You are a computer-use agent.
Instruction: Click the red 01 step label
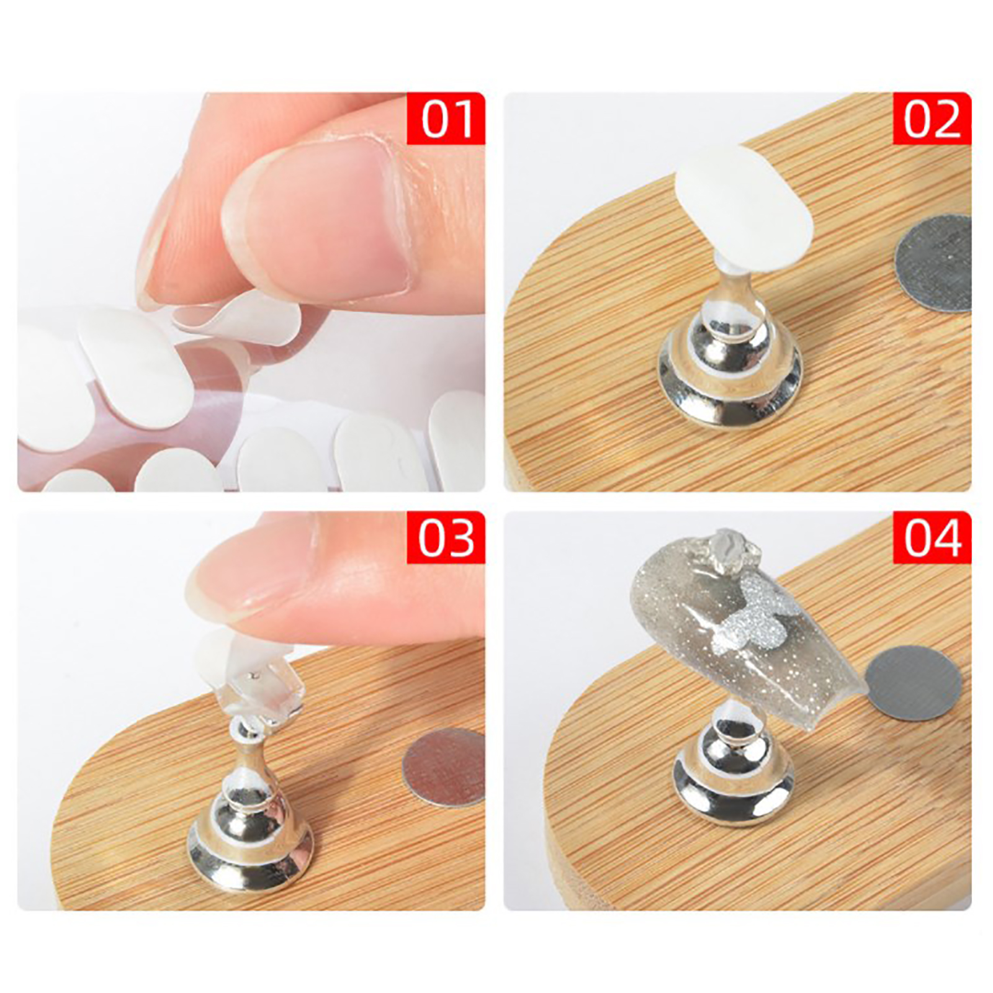click(446, 119)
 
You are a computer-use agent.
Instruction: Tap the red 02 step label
click(932, 119)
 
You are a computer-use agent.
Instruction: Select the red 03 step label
click(446, 537)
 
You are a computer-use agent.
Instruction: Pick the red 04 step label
click(932, 537)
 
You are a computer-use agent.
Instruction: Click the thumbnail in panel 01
click(317, 217)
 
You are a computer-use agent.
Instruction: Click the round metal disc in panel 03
click(444, 767)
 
